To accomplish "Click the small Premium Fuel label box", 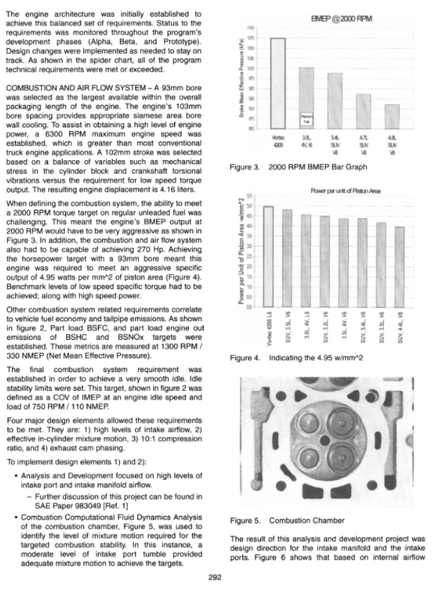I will click(306, 116).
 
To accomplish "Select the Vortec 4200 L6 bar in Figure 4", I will click(267, 266).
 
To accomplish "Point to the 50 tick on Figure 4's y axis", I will click(252, 206).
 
